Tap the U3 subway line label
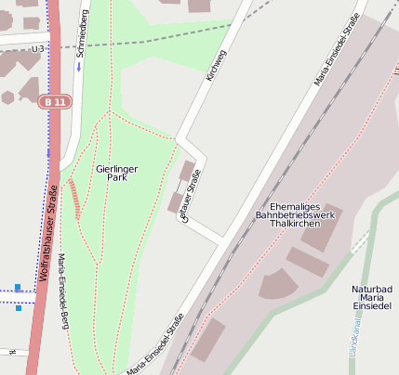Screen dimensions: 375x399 click(38, 48)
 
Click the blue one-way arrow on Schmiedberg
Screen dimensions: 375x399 click(79, 67)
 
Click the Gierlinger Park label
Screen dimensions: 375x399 click(116, 173)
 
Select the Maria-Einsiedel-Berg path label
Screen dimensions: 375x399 click(65, 291)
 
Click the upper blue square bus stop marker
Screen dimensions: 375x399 click(18, 287)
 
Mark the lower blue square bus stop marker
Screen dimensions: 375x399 click(18, 307)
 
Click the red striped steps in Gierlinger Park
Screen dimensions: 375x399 click(74, 198)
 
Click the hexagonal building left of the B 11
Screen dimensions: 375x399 click(7, 97)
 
